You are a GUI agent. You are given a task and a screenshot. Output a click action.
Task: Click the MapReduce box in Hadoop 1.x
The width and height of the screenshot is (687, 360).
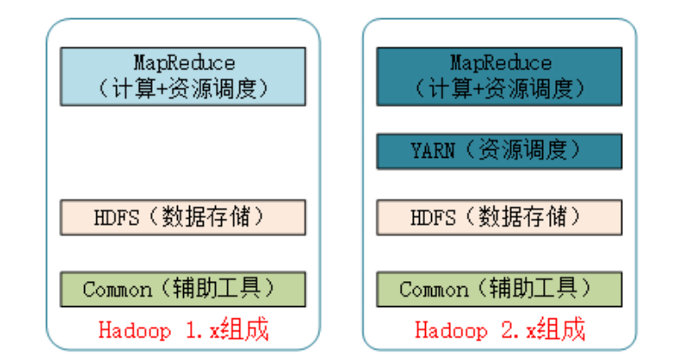[183, 75]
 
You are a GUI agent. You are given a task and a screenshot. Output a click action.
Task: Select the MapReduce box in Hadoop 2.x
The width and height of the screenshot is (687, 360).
[500, 75]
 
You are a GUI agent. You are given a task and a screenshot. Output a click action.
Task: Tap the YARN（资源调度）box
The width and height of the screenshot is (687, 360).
[500, 150]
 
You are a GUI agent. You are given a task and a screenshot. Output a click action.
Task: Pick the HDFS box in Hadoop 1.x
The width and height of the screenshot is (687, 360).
[183, 217]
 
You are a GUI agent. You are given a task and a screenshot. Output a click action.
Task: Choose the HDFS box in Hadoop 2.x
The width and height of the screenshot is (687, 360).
[500, 217]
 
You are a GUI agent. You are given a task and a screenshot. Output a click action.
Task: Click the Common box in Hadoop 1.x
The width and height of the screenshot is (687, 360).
[183, 289]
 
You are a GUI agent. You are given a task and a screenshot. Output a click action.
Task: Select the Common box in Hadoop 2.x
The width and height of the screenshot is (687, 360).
[500, 289]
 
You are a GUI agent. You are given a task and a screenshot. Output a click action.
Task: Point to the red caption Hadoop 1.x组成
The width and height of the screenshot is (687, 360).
[183, 331]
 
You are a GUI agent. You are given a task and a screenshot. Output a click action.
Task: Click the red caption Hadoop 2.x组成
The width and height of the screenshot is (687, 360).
[500, 331]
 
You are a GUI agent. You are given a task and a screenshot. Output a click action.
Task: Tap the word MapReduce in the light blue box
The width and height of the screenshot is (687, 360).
[184, 63]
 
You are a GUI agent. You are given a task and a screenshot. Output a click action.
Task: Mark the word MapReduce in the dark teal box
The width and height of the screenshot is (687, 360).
[501, 63]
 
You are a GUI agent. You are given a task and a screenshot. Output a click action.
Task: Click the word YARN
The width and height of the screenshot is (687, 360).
[432, 151]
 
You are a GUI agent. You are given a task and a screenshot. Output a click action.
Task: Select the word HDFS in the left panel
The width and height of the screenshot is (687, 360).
[116, 218]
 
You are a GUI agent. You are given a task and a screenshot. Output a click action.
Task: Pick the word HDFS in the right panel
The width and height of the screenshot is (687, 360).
[433, 218]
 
